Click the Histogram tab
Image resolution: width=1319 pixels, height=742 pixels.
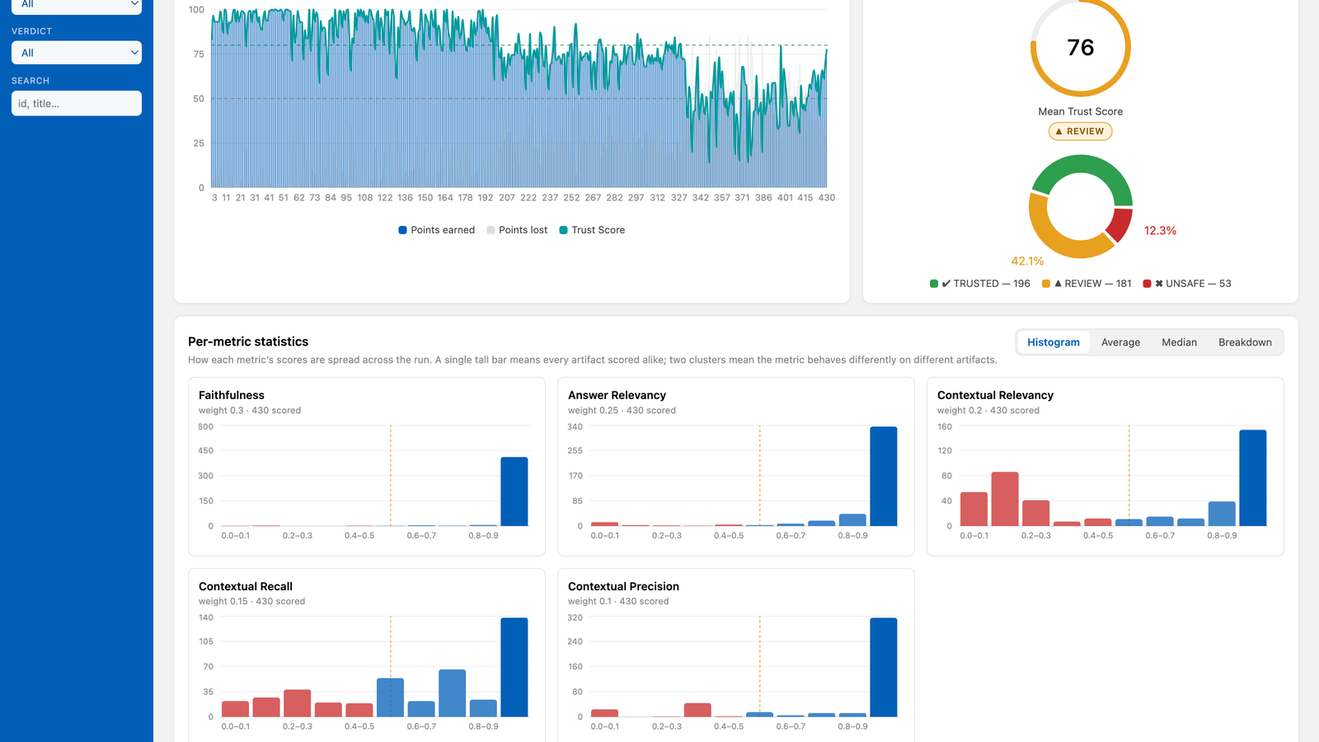coord(1054,342)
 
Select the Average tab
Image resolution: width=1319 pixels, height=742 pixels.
coord(1120,342)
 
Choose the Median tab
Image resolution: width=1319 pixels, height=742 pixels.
coord(1179,342)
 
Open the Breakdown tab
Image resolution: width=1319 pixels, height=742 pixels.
coord(1245,342)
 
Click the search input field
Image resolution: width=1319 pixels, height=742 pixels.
coord(77,103)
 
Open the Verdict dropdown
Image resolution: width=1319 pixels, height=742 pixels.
coord(77,53)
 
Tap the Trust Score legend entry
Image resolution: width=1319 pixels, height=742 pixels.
coord(592,230)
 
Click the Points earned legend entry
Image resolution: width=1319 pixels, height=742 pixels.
coord(436,230)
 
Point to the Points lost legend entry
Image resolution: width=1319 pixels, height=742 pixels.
coord(517,230)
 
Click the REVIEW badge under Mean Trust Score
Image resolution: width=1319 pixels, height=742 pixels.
coord(1080,131)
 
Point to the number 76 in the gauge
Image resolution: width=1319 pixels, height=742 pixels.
coord(1080,48)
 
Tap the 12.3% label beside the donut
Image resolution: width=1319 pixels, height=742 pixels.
coord(1160,231)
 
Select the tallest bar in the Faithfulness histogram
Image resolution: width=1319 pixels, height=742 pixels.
coord(514,491)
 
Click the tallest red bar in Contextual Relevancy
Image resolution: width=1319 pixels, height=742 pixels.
coord(1005,499)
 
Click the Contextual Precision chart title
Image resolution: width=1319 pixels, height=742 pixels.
coord(623,586)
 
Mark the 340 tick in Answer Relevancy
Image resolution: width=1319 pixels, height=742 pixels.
coord(575,426)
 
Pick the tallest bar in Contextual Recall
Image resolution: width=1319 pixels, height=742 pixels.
coord(514,667)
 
